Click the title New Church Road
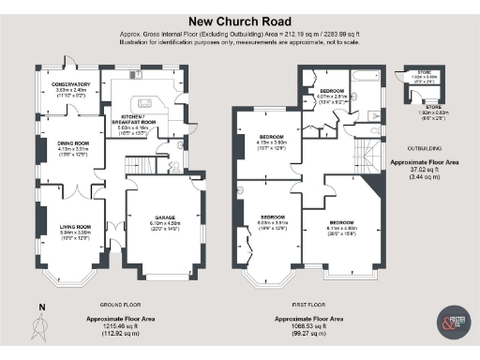coord(239,19)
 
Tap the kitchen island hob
coord(145,103)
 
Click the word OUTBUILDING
coord(426,147)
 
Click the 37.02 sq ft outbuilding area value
coord(426,170)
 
